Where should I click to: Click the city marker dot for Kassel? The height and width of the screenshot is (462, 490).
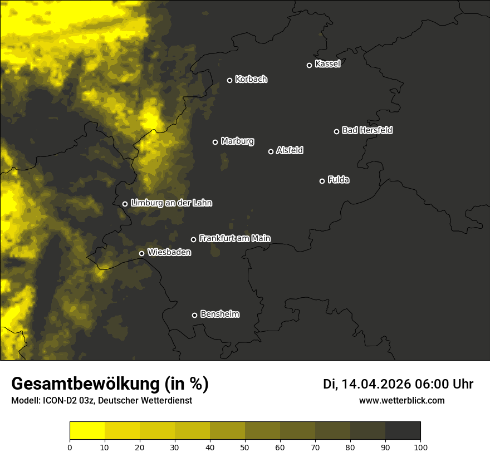pos(309,65)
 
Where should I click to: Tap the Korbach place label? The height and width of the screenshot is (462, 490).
pos(251,80)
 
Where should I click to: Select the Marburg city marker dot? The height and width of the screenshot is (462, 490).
pos(215,142)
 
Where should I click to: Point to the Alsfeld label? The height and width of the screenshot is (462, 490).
pos(290,151)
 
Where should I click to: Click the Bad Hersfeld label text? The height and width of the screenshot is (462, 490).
pos(367,130)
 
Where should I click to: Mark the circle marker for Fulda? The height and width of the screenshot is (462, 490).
pos(322,181)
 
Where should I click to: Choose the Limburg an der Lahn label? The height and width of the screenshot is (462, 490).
pos(171,203)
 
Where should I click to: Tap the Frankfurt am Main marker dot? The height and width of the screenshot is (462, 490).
pos(193,239)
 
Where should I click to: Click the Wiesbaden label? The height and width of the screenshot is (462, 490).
pos(169,253)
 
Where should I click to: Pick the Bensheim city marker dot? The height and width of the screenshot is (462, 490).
pos(194,315)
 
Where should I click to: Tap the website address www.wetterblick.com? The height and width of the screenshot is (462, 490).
pos(401,400)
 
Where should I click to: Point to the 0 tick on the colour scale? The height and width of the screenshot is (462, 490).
pos(70,447)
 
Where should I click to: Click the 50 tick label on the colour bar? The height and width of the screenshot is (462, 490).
pos(245,447)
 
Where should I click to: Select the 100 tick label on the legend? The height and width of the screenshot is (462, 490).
pos(420,447)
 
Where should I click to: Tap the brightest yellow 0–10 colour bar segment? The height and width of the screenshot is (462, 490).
pos(87,431)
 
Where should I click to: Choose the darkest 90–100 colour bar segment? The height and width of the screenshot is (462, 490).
pos(403,431)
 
